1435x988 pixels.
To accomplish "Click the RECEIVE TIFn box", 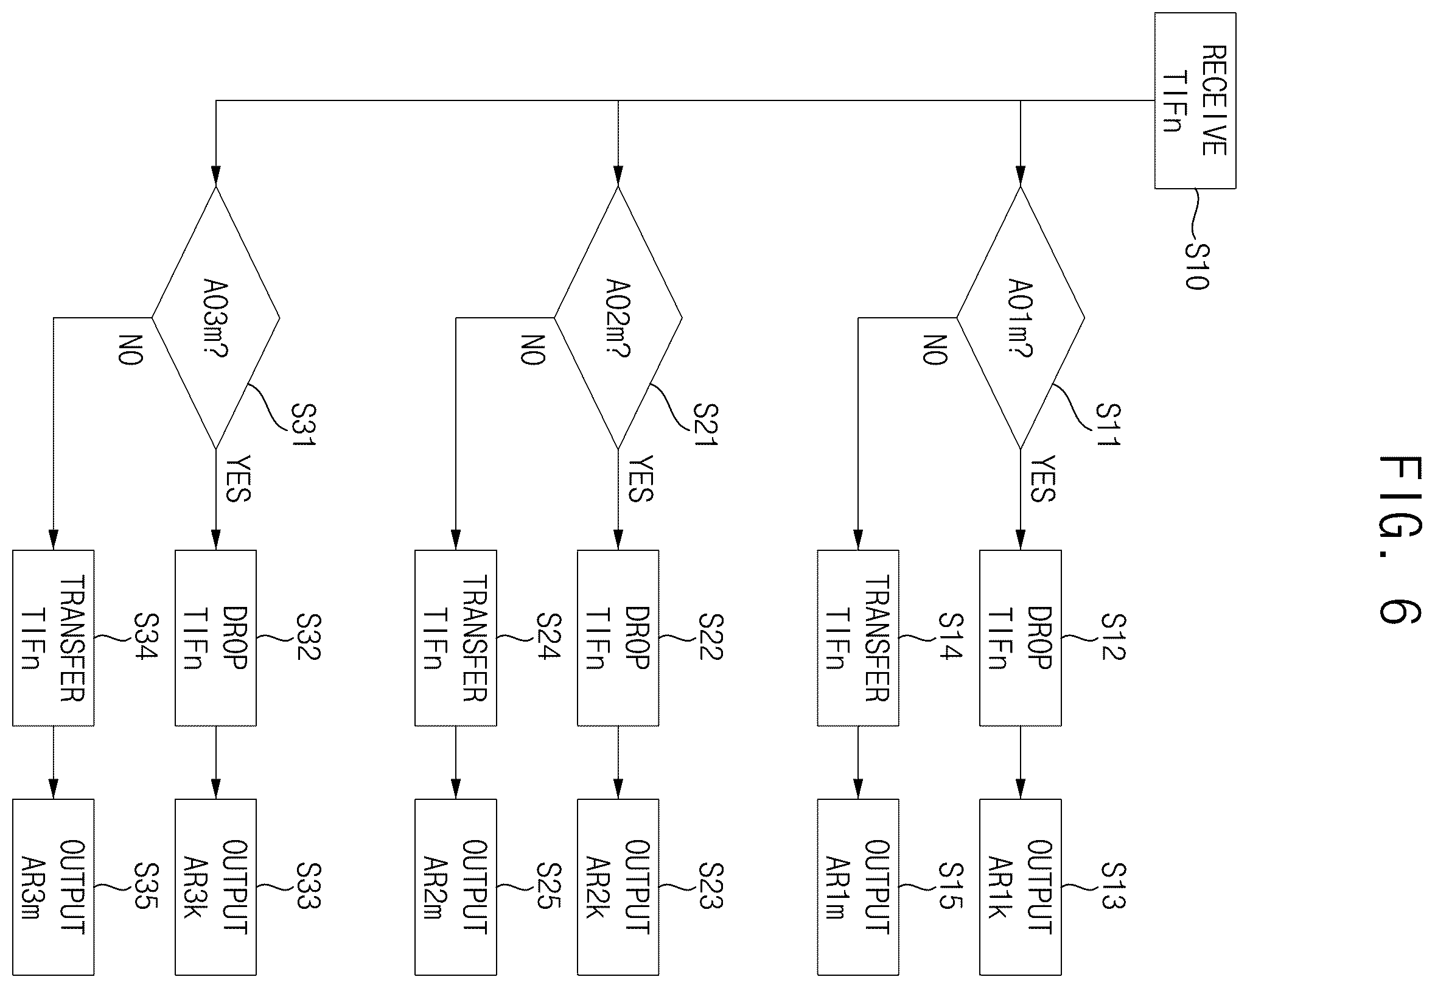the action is [1195, 100].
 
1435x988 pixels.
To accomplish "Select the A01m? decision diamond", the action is [1021, 318].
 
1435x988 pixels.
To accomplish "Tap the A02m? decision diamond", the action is [618, 318].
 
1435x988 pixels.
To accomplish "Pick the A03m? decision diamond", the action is [215, 318].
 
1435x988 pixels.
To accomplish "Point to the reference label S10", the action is [1198, 266].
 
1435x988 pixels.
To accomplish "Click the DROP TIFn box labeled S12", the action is [1021, 637].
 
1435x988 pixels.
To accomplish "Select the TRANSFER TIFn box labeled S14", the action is [858, 637].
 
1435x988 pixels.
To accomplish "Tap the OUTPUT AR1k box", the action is [1021, 887].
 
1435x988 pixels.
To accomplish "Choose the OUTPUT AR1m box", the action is [858, 887].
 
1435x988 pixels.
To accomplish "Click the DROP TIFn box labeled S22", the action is [618, 637].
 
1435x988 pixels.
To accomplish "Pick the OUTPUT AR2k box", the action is [618, 887].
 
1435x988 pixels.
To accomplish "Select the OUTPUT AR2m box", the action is [455, 887].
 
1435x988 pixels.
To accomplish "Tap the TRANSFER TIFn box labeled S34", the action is [53, 637].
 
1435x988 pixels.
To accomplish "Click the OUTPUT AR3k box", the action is [215, 887].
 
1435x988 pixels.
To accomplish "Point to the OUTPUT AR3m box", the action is [53, 887].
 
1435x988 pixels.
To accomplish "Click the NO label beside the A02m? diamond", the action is [532, 351].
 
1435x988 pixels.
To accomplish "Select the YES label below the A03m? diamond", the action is [237, 478].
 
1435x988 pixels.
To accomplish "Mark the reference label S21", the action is [705, 425].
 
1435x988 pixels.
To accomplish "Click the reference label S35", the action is [147, 886].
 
